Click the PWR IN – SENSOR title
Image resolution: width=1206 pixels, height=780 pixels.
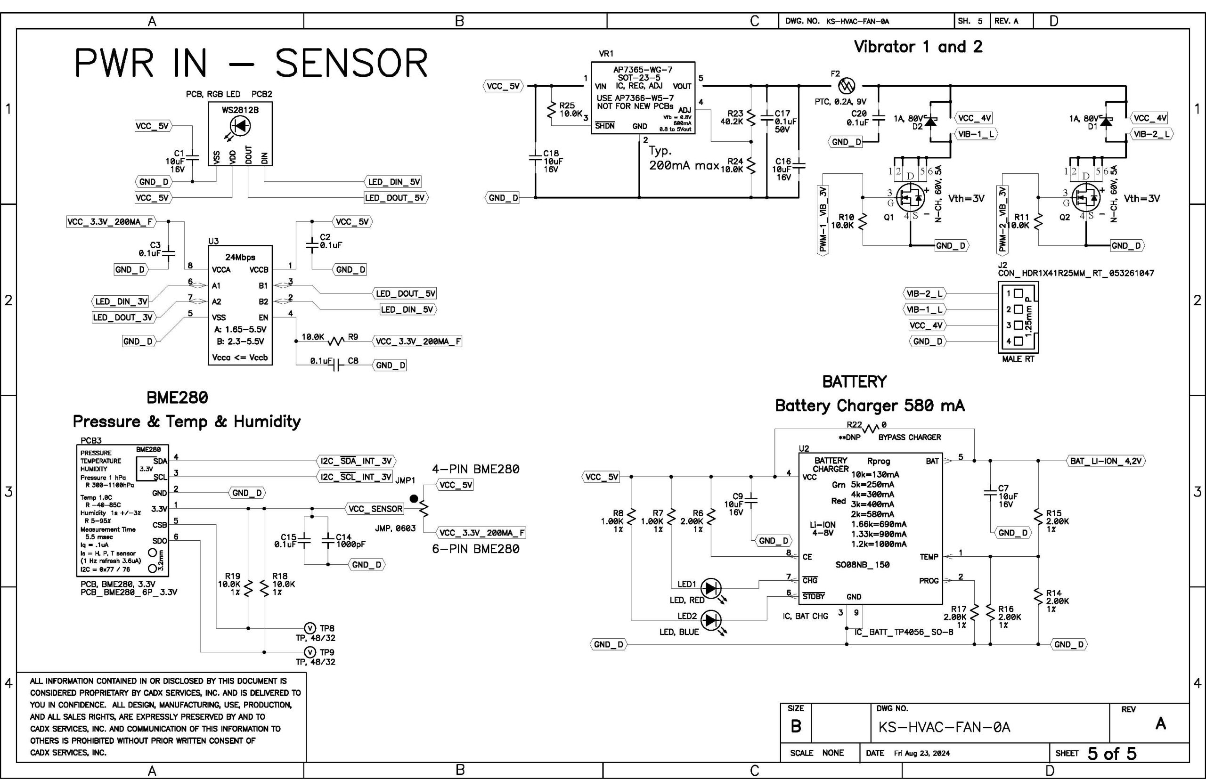[251, 63]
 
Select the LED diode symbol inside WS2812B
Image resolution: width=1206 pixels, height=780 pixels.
[240, 125]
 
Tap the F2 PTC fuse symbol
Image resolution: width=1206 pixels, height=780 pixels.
[847, 85]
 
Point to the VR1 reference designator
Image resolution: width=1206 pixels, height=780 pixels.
[606, 53]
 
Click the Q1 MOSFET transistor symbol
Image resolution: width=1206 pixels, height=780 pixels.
[910, 198]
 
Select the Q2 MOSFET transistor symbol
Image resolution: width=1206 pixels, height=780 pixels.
[1086, 198]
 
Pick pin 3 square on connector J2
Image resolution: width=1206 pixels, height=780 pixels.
[1018, 325]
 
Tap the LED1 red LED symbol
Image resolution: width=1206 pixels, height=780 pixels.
[711, 588]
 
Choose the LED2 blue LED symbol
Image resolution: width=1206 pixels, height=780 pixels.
[711, 620]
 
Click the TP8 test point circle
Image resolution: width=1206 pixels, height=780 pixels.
[310, 628]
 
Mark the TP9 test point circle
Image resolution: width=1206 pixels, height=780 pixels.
[310, 652]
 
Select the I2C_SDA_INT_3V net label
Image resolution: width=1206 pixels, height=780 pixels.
[356, 461]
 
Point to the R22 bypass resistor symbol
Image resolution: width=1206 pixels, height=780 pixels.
[870, 429]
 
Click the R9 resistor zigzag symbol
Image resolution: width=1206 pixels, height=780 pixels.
[336, 341]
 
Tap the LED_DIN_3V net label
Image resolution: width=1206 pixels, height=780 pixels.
[121, 301]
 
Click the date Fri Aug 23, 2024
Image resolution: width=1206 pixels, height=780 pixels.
[921, 753]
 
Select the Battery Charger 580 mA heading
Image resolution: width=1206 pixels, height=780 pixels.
[869, 406]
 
